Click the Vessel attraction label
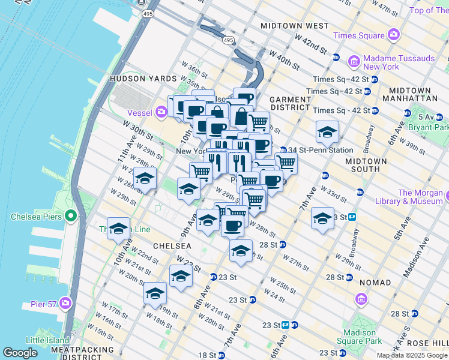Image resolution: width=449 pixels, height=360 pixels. click(140, 111)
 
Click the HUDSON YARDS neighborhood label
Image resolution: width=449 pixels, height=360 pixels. click(143, 79)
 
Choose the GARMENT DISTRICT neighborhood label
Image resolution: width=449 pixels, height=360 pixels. click(290, 103)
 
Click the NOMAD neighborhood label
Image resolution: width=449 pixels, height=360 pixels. click(375, 282)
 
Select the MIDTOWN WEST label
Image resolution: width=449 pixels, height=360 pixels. click(295, 26)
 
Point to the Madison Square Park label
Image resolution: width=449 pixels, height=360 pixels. click(363, 337)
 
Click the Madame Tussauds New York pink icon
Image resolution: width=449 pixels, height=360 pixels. click(354, 62)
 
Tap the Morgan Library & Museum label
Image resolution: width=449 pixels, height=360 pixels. click(423, 197)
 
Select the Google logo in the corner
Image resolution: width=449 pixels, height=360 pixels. click(20, 353)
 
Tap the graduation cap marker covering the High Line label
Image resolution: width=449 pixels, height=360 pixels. click(118, 229)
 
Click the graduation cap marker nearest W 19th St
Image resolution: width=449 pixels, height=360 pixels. click(154, 293)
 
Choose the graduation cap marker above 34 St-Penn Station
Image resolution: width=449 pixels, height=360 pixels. click(327, 132)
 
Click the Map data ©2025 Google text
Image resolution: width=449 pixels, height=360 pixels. click(412, 355)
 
